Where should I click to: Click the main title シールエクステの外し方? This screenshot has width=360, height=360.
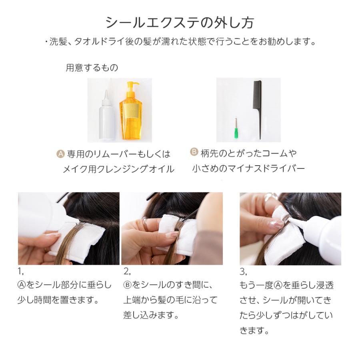(x=180, y=22)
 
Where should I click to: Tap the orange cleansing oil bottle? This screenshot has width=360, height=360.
(x=131, y=111)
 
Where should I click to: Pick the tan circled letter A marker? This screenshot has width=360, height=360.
(x=60, y=154)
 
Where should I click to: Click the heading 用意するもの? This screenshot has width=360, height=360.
(x=92, y=68)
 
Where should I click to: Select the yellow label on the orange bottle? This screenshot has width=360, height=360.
(x=130, y=111)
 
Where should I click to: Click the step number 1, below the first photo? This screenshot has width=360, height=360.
(x=21, y=272)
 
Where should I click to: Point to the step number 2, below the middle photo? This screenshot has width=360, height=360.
(x=127, y=272)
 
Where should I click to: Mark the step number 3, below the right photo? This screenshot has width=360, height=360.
(x=243, y=272)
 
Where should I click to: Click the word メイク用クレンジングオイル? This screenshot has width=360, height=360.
(x=118, y=169)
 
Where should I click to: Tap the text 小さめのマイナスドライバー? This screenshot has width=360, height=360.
(x=248, y=169)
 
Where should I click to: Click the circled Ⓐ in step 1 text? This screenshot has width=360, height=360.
(x=22, y=285)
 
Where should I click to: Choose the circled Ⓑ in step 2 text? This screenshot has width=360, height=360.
(x=128, y=285)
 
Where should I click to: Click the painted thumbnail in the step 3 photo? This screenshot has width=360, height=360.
(x=277, y=224)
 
